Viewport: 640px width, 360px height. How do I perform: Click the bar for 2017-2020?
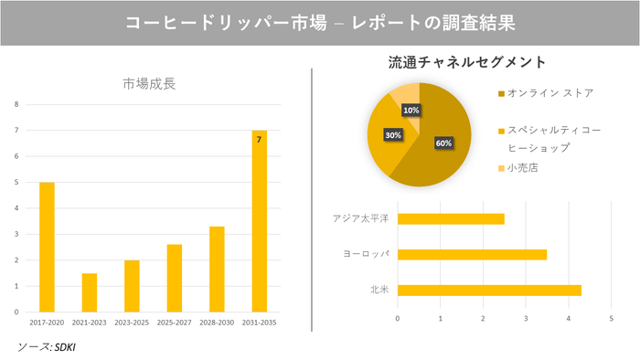tap(47, 247)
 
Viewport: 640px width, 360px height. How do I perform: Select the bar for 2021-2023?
tap(90, 292)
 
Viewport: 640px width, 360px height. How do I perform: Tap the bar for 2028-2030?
tap(218, 270)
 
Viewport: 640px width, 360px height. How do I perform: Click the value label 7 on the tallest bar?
tap(260, 140)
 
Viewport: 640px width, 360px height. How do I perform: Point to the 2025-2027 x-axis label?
tap(175, 323)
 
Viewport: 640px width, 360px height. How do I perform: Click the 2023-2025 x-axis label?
tap(132, 323)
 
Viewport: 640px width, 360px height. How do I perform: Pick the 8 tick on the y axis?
tap(16, 104)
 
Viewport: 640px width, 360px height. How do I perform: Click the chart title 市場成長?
tap(149, 84)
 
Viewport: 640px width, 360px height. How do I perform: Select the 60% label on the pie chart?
tap(443, 143)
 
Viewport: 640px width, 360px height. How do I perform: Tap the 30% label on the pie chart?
tap(393, 134)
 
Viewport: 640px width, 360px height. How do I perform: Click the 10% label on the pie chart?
tap(411, 111)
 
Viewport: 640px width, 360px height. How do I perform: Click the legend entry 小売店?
tap(523, 168)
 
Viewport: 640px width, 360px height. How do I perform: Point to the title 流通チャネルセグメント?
tap(467, 63)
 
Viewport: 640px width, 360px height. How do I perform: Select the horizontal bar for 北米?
tap(489, 291)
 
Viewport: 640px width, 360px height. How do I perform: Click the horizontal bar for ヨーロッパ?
tap(472, 254)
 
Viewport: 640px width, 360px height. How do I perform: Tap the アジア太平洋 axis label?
tap(361, 218)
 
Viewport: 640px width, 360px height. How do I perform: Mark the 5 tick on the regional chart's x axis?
tap(611, 318)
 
